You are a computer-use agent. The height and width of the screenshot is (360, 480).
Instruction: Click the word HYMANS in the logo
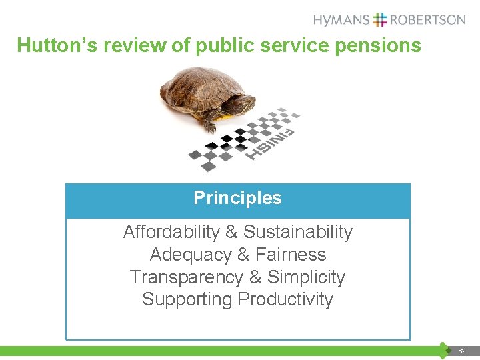[x=341, y=19]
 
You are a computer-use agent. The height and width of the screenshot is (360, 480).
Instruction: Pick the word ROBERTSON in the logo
[x=428, y=19]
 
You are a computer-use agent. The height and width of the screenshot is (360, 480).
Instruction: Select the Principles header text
[x=237, y=198]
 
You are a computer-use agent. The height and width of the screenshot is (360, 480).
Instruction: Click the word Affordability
[x=171, y=232]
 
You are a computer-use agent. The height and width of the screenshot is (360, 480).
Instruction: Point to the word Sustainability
[x=297, y=232]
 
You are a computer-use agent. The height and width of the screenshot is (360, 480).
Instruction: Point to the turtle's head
[x=243, y=105]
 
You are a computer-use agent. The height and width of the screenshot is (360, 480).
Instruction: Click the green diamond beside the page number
[x=445, y=350]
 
